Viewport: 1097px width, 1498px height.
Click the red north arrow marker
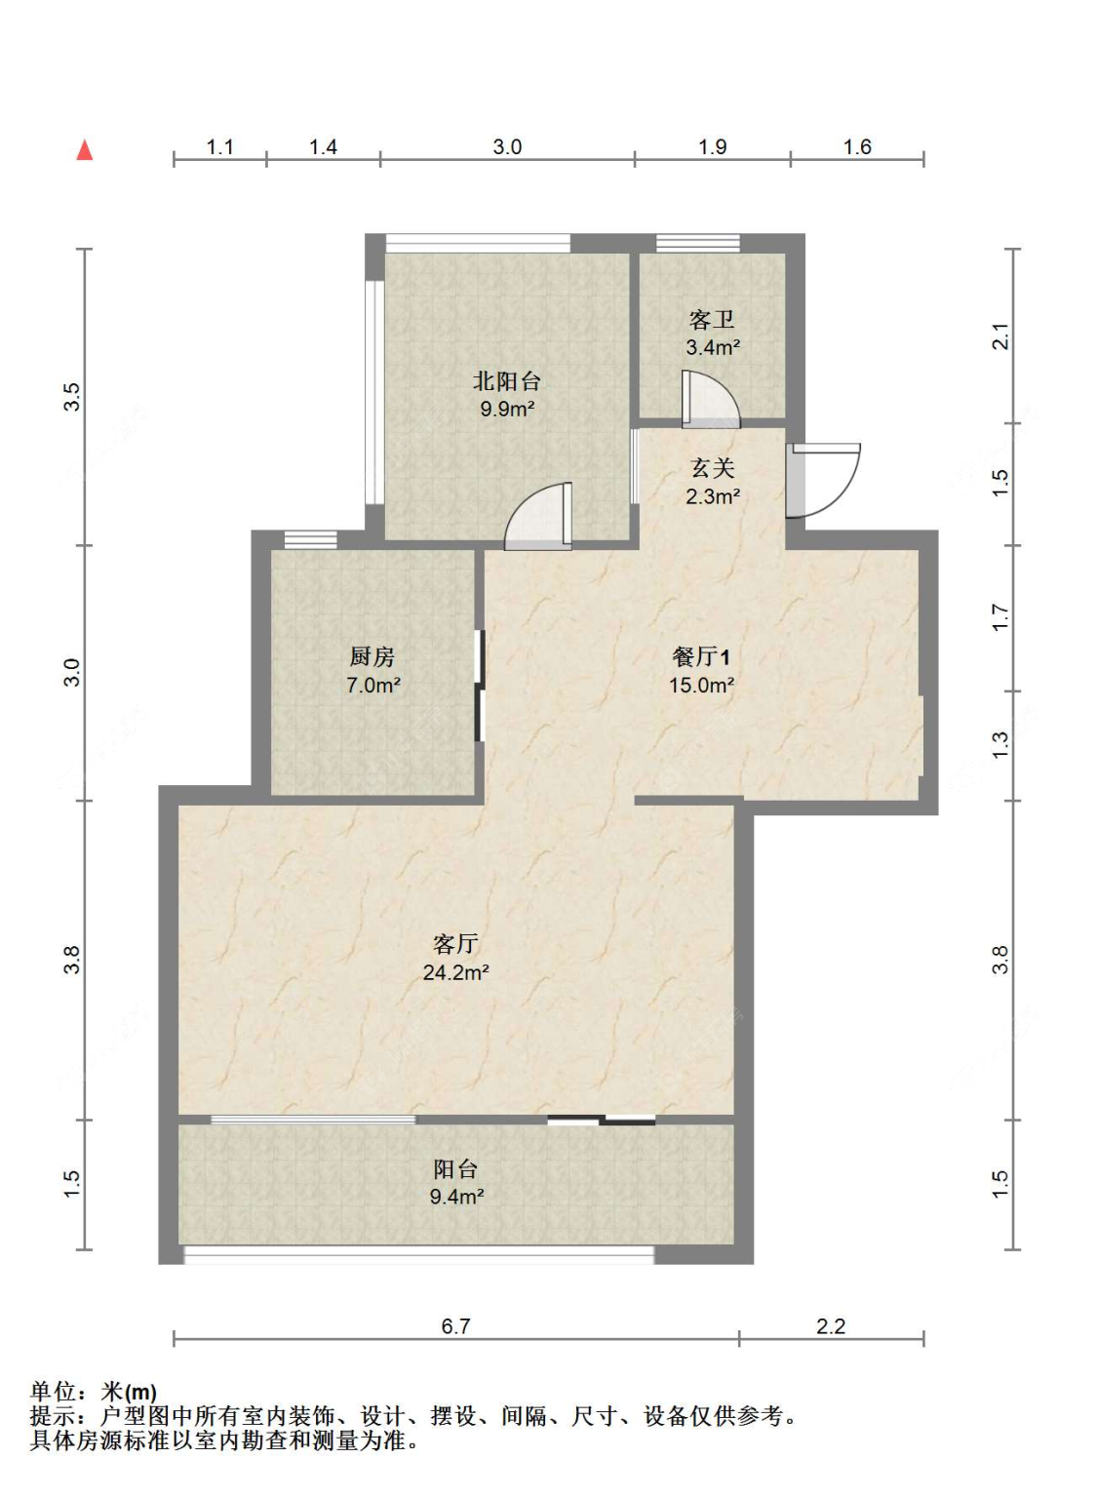point(85,150)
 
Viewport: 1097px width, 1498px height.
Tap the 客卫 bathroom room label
point(712,320)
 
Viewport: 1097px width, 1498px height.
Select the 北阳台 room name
point(506,381)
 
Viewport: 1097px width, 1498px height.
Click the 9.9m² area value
point(506,409)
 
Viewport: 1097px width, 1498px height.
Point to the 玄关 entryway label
point(712,469)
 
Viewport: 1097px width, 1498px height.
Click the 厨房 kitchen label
point(372,657)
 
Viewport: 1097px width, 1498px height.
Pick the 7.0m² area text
point(372,686)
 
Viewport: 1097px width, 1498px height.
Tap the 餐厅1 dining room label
point(700,657)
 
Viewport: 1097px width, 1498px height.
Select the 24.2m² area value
point(455,972)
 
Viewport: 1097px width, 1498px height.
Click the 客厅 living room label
point(455,944)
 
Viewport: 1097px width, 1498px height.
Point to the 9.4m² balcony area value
point(455,1197)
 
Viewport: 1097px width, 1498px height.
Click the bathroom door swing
point(710,400)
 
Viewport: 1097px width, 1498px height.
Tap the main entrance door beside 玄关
point(824,479)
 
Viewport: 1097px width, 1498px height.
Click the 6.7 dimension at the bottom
point(455,1326)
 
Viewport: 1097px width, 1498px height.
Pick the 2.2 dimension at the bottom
point(831,1326)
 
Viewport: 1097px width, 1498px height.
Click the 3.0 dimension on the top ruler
point(507,147)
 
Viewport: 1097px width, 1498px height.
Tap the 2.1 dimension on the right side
point(1000,336)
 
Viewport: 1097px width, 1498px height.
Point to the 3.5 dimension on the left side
point(72,397)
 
